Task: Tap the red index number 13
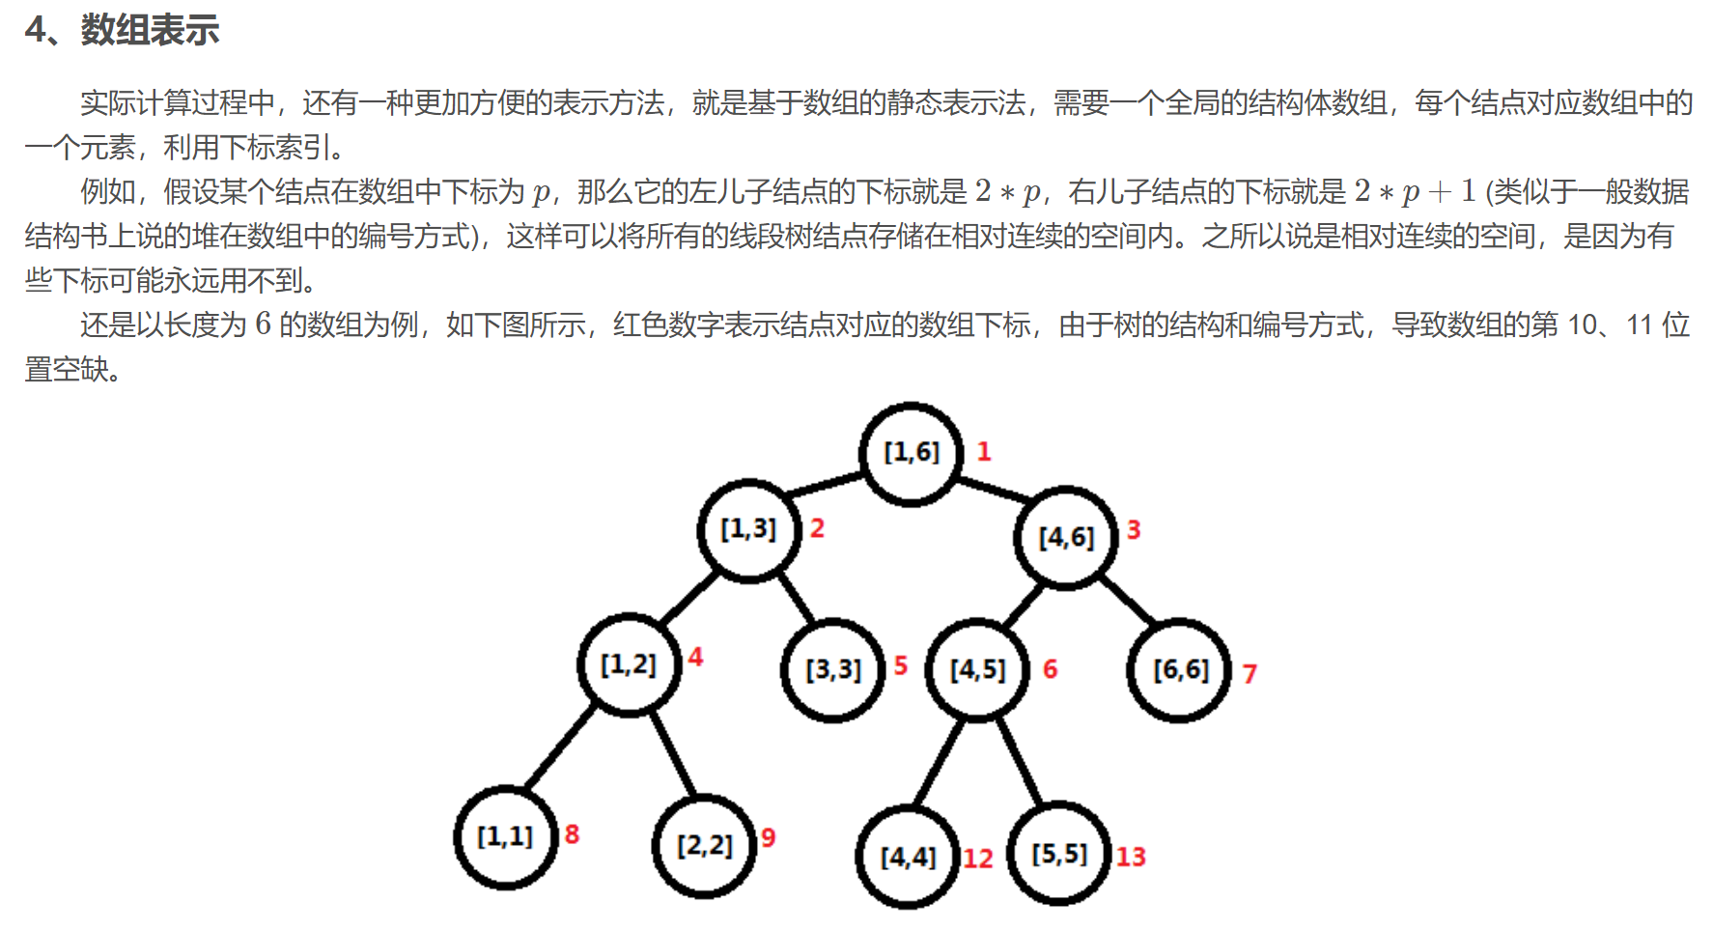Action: [1131, 857]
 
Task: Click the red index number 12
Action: [977, 859]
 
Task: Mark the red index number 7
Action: [1250, 673]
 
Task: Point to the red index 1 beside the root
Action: [984, 451]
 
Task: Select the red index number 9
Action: [768, 837]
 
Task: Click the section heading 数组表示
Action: [150, 30]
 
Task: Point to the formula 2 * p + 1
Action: [1415, 191]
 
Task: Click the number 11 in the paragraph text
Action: [1639, 324]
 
